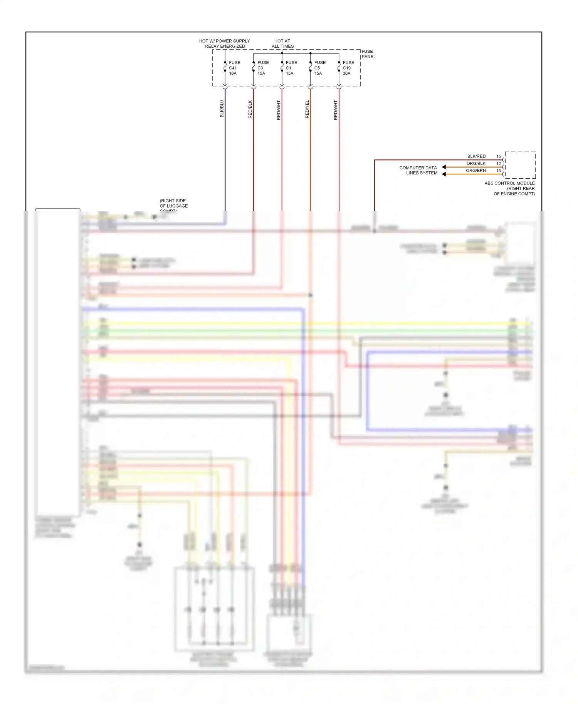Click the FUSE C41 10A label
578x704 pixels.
click(x=234, y=68)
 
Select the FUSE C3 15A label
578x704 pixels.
click(x=263, y=68)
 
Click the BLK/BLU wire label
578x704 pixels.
click(x=222, y=109)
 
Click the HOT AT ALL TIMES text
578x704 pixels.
click(x=282, y=44)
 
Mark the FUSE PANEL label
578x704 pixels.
click(x=368, y=54)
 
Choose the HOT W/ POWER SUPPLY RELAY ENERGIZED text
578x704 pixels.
click(x=225, y=44)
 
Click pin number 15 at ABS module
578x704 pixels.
click(x=499, y=156)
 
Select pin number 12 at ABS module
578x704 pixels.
click(x=499, y=164)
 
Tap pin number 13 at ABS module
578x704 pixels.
click(x=499, y=171)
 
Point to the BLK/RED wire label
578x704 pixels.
click(x=476, y=156)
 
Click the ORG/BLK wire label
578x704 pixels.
click(x=476, y=163)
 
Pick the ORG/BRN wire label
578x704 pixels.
click(x=476, y=171)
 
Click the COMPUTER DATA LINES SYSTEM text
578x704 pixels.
click(x=418, y=170)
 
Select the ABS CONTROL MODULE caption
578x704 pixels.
click(x=510, y=188)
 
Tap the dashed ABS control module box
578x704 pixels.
click(x=520, y=165)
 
